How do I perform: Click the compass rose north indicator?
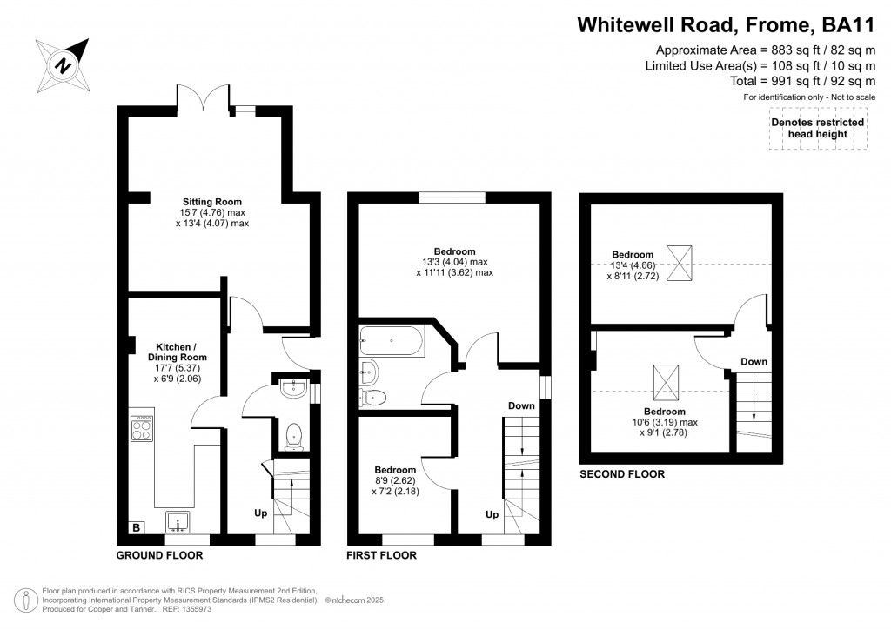point(63,65)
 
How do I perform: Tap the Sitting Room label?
point(212,202)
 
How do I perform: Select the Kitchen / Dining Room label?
point(178,352)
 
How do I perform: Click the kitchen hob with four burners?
point(142,429)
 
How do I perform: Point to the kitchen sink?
point(178,522)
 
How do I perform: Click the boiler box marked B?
point(137,528)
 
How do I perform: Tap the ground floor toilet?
point(293,436)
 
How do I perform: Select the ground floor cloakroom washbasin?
point(294,389)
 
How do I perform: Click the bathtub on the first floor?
point(392,340)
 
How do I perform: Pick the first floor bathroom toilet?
point(372,397)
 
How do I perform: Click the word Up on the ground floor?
point(261,513)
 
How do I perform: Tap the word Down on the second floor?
point(754,362)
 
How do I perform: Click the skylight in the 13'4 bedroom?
point(679,263)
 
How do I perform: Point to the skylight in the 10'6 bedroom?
point(666,383)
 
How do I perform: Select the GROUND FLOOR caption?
point(160,555)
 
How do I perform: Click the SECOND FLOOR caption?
point(622,473)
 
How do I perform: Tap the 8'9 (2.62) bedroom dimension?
point(395,480)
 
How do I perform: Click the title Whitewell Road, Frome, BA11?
point(727,25)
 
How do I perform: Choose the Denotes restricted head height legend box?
point(818,129)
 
